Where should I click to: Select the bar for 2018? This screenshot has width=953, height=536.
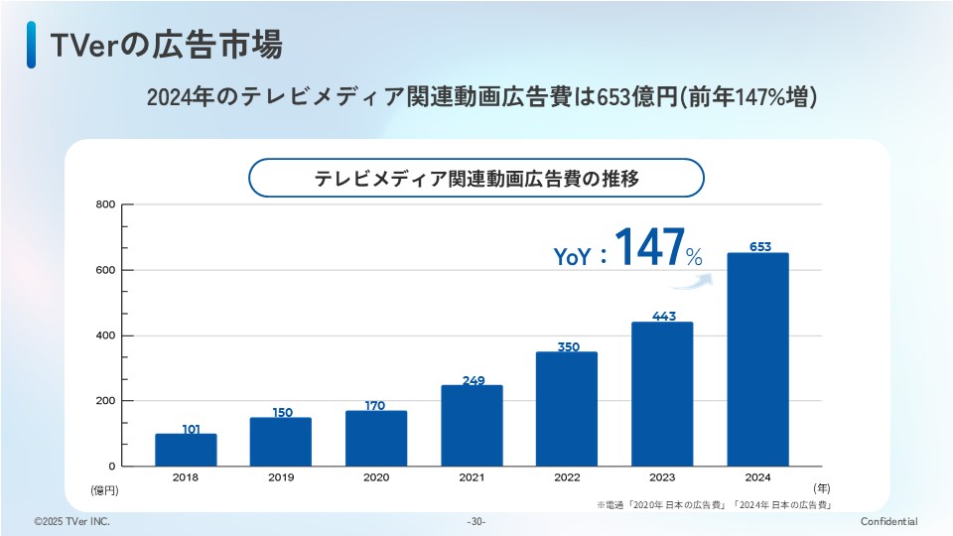click(x=186, y=450)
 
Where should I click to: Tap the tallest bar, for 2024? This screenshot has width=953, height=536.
click(x=758, y=359)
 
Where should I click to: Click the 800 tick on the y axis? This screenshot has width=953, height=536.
click(x=105, y=204)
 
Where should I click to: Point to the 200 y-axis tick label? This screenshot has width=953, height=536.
click(x=105, y=401)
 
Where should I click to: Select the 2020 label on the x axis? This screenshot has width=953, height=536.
click(x=376, y=477)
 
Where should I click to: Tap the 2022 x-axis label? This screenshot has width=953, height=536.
click(x=567, y=477)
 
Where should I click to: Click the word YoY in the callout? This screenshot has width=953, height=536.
click(x=573, y=257)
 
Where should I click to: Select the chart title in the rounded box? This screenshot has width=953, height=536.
click(x=476, y=179)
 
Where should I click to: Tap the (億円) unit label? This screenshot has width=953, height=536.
click(x=104, y=489)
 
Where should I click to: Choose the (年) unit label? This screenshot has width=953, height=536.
click(x=821, y=487)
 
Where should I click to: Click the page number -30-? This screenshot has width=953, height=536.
click(x=476, y=522)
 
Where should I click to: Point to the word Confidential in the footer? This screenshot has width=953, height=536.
click(x=888, y=522)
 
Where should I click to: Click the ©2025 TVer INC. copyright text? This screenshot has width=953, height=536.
click(x=71, y=522)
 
